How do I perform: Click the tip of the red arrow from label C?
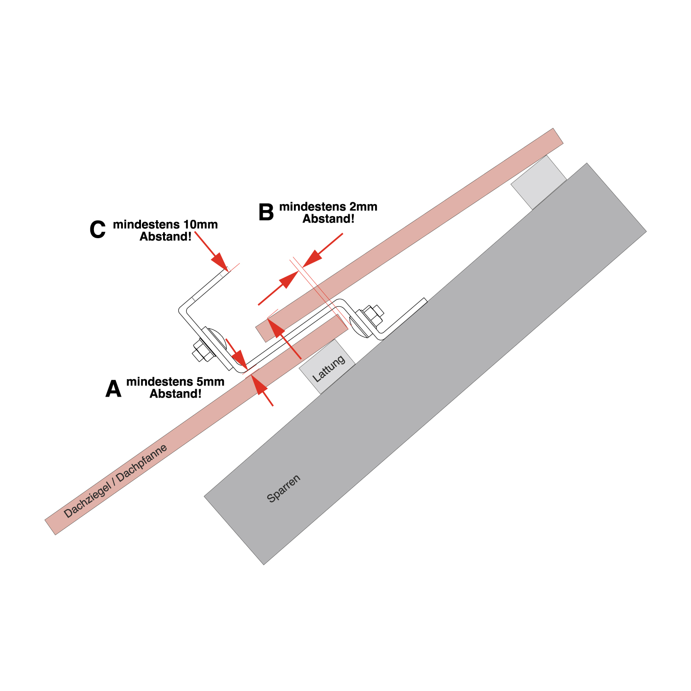point(228,270)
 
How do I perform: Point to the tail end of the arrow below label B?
point(258,305)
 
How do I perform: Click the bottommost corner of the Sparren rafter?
point(264,565)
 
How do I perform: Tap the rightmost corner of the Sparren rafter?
point(646,231)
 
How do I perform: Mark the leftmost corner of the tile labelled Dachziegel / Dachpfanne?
point(45,520)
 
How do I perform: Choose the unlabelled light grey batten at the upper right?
point(539,182)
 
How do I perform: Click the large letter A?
point(113,389)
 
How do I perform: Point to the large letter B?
point(266,212)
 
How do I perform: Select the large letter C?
point(98,230)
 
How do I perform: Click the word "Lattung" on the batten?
point(329,369)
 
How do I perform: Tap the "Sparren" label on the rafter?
point(284,488)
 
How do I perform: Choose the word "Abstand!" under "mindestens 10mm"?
point(166,237)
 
